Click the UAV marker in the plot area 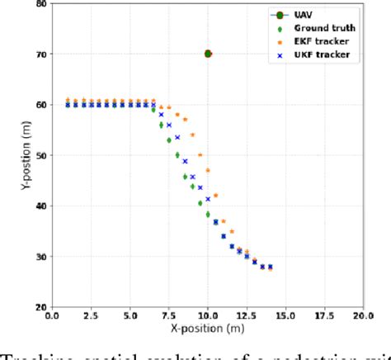(208, 54)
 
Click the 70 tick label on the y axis (40, 54)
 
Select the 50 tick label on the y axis (40, 155)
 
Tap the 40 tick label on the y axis (40, 206)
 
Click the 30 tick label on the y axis (40, 257)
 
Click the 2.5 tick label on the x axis (92, 315)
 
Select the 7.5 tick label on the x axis (169, 315)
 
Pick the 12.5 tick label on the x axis (247, 315)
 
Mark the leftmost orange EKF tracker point (68, 101)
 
